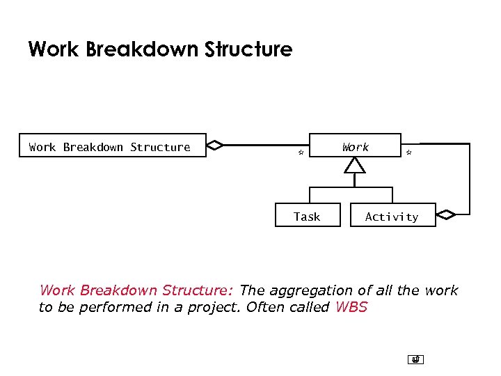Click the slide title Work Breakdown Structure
160,49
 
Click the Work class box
355,146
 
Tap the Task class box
307,216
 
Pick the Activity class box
392,216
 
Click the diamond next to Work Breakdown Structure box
216,146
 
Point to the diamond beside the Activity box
445,214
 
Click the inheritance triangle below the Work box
355,165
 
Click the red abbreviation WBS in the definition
351,308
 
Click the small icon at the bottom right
415,359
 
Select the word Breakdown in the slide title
148,49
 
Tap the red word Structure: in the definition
202,290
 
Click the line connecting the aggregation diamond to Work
264,146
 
